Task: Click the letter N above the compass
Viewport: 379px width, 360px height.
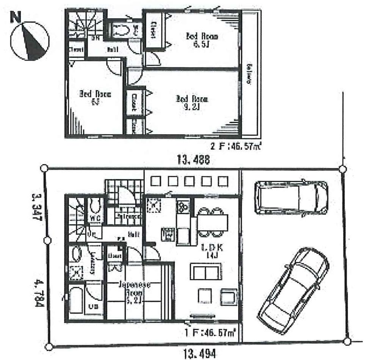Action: coord(16,17)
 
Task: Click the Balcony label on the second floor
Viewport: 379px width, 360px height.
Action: coord(250,74)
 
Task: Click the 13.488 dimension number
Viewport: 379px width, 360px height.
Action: coord(193,160)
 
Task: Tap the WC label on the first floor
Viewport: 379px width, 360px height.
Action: coord(94,218)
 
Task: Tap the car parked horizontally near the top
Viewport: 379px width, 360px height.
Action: coord(290,197)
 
